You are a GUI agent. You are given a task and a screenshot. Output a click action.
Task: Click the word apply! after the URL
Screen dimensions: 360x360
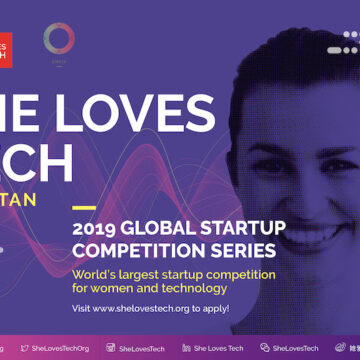pos(216,281)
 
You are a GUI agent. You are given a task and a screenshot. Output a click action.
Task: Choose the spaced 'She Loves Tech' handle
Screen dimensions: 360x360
pos(218,348)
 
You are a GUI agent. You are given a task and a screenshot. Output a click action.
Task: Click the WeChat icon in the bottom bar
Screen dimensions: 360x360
pos(264,348)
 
